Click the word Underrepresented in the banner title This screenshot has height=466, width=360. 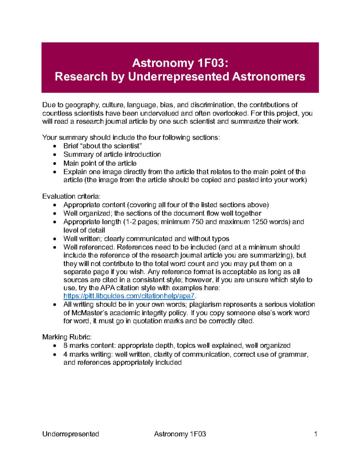(178, 77)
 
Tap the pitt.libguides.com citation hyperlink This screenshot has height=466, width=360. (129, 296)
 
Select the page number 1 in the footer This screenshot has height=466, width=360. (315, 434)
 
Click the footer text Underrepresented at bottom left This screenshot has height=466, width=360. (70, 434)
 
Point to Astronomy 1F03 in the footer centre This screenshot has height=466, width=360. (180, 434)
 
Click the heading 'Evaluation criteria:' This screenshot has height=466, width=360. (71, 196)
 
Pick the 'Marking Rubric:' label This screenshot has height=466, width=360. (67, 337)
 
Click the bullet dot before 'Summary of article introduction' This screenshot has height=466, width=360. (55, 155)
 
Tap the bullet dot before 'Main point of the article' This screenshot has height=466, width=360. (55, 164)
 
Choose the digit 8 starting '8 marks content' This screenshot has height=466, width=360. (65, 346)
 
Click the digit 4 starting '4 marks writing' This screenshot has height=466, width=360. (65, 354)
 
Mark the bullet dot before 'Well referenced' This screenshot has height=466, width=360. (55, 248)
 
